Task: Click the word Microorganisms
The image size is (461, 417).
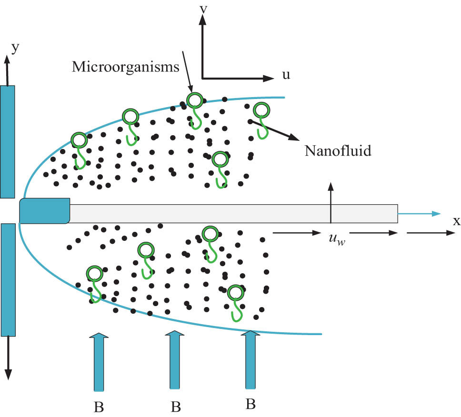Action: click(125, 67)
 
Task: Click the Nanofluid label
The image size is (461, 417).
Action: click(337, 152)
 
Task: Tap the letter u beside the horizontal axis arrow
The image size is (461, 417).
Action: click(286, 75)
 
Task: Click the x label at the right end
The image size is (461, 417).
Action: click(456, 221)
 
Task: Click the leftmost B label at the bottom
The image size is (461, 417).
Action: click(99, 408)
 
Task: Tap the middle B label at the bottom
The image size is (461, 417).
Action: click(175, 408)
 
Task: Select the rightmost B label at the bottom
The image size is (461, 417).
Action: click(251, 405)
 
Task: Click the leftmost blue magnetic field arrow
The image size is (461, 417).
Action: click(99, 362)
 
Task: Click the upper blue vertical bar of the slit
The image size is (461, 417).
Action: click(8, 141)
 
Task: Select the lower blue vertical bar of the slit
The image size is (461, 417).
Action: click(8, 280)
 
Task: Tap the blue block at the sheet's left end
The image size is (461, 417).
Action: click(45, 210)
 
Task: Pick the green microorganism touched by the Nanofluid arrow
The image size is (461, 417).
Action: click(261, 115)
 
